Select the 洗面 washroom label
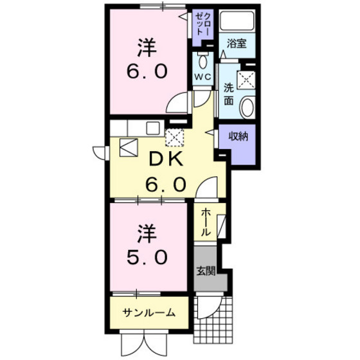(230, 94)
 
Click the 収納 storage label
(239, 136)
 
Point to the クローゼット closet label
(204, 24)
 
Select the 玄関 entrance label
(204, 271)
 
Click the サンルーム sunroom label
(150, 313)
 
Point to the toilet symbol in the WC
(204, 62)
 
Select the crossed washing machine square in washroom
(246, 79)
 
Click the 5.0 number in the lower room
(148, 256)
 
